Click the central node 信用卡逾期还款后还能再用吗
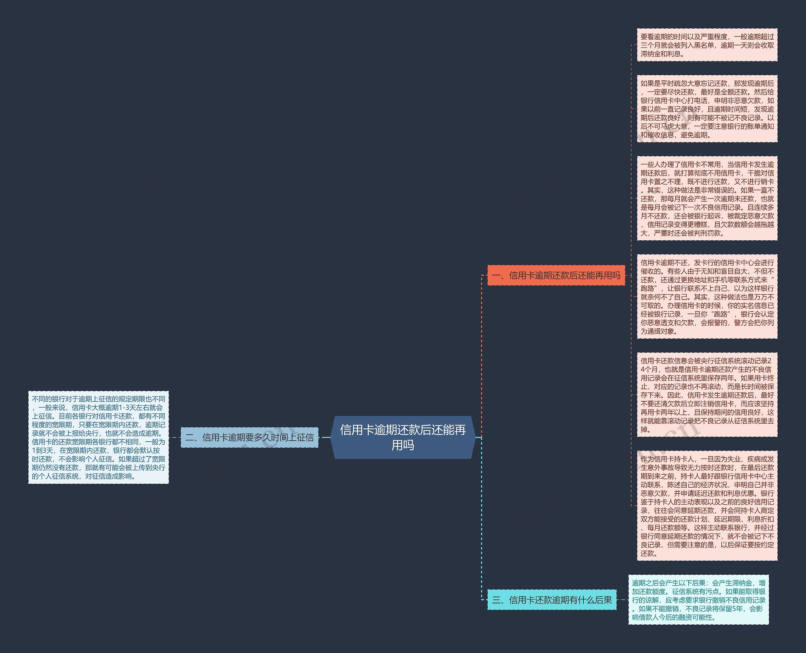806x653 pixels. pyautogui.click(x=403, y=437)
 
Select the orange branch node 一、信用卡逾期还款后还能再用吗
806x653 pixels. pyautogui.click(x=556, y=275)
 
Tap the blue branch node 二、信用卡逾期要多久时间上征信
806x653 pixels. pyautogui.click(x=250, y=437)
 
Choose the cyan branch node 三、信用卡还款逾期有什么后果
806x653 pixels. pyautogui.click(x=552, y=600)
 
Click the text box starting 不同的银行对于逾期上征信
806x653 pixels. pyautogui.click(x=99, y=437)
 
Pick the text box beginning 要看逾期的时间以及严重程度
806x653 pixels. pyautogui.click(x=707, y=45)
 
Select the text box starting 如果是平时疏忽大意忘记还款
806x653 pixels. pyautogui.click(x=707, y=109)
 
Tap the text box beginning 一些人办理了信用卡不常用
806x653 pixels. pyautogui.click(x=707, y=198)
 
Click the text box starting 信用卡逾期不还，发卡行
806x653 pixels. pyautogui.click(x=707, y=296)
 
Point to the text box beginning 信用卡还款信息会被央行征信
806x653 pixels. pyautogui.click(x=707, y=395)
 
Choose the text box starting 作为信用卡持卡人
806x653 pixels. pyautogui.click(x=707, y=506)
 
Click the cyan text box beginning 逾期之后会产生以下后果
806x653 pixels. pyautogui.click(x=699, y=600)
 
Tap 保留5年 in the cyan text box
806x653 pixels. pyautogui.click(x=734, y=609)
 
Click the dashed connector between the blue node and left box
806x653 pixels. pyautogui.click(x=175, y=437)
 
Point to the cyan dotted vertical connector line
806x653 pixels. pyautogui.click(x=482, y=519)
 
